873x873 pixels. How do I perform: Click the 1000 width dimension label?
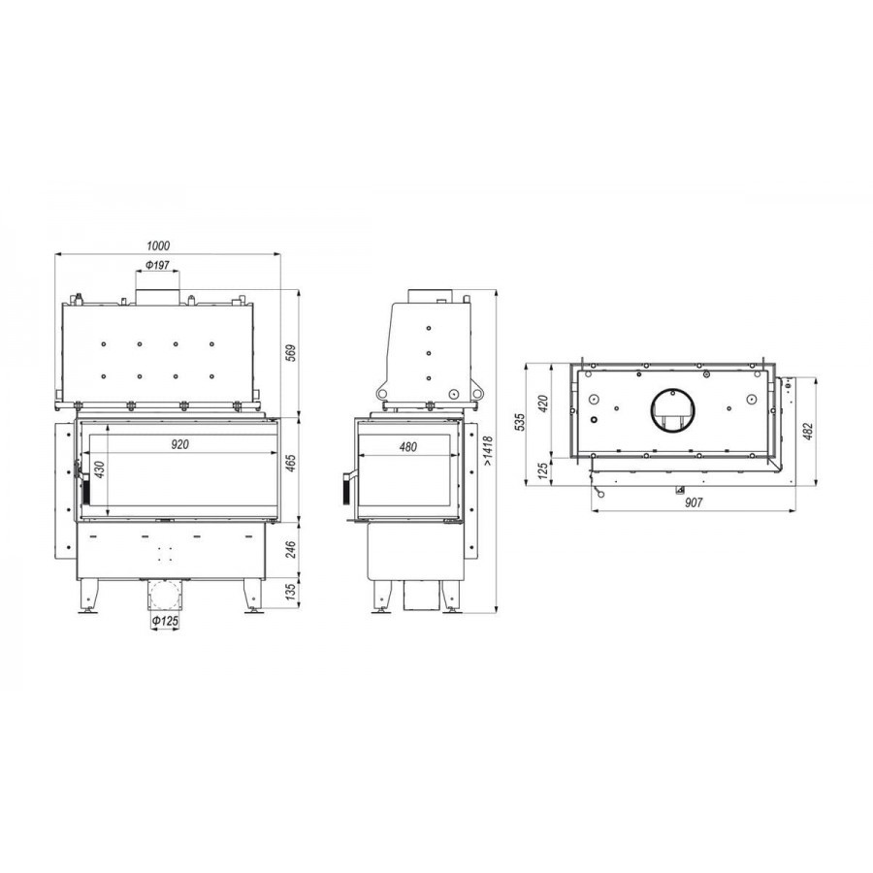click(158, 245)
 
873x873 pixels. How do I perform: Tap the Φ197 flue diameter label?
click(157, 265)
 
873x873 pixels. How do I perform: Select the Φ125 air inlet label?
click(165, 620)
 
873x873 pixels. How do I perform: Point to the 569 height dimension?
click(291, 353)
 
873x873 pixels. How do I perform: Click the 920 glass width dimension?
click(179, 444)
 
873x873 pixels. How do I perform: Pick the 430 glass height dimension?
click(99, 470)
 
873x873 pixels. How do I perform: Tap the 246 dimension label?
click(291, 550)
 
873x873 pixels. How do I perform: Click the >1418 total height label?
click(488, 451)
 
